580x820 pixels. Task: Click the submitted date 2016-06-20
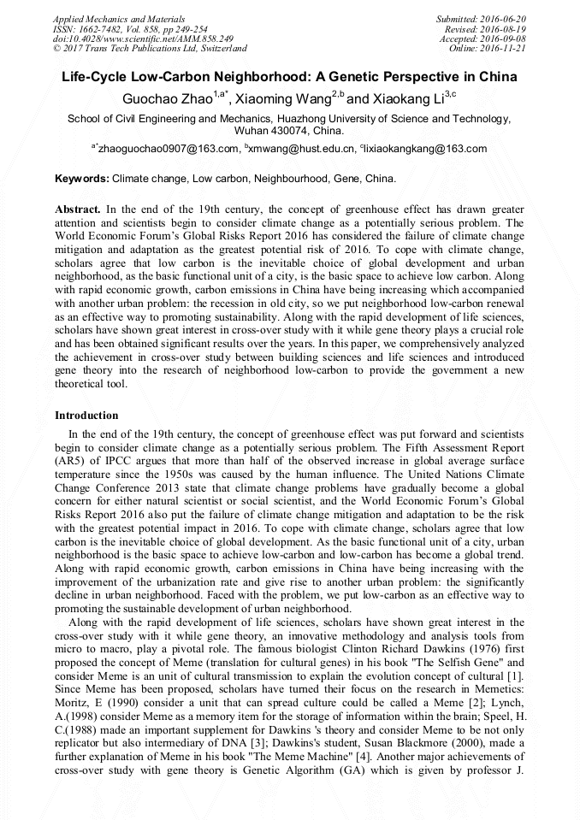[x=505, y=19]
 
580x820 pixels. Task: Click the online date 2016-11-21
[x=506, y=48]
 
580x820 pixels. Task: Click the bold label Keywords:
[x=82, y=180]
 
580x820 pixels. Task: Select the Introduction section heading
[x=86, y=415]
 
